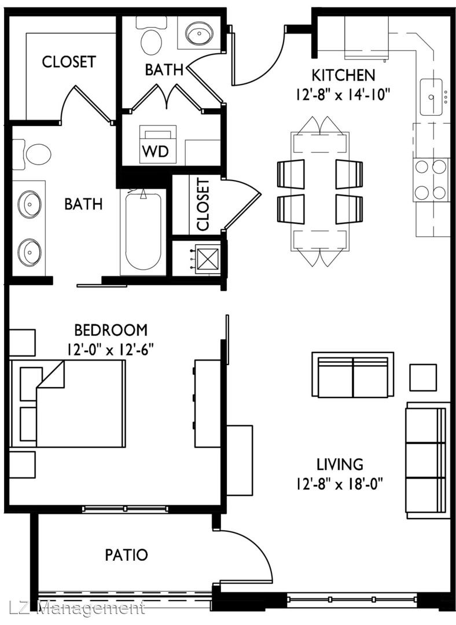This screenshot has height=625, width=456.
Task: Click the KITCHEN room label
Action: point(343,75)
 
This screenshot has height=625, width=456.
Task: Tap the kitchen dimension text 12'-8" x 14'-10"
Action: point(343,95)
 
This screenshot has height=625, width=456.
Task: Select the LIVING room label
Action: point(340,464)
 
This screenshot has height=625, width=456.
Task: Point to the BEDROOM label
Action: point(111,330)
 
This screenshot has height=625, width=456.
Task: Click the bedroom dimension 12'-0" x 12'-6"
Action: point(111,350)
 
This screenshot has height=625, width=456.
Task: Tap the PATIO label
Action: point(126,554)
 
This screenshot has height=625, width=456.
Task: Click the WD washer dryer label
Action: point(156,151)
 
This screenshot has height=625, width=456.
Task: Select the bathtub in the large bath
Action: point(143,231)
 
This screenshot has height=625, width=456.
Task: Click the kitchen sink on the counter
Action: point(431,97)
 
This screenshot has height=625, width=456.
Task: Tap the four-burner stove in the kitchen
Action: point(430,179)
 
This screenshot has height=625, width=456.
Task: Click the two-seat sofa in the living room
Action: point(353,374)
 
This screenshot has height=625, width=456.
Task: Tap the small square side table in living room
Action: point(423,377)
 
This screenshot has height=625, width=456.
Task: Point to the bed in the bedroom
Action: point(68,403)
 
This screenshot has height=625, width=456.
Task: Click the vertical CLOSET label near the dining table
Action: point(203,204)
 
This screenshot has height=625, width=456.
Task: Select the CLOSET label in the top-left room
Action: point(69,62)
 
